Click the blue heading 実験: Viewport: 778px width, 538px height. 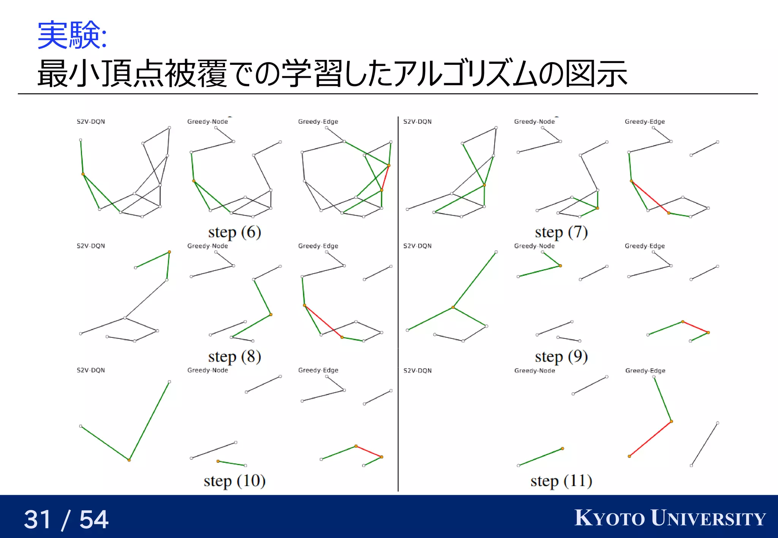pos(72,35)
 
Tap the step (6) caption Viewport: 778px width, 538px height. pos(234,232)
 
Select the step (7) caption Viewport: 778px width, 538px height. pos(561,232)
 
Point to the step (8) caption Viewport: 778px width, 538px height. pos(234,356)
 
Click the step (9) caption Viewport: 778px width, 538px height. pos(561,356)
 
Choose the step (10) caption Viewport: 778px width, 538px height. pos(234,481)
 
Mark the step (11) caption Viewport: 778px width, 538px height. pos(561,481)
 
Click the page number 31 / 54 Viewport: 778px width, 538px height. pos(66,519)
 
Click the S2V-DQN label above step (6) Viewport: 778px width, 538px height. pos(91,122)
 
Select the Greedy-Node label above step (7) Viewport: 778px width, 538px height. pos(534,122)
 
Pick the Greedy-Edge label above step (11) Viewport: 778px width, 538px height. pos(645,371)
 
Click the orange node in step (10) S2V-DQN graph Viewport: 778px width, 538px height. pos(129,460)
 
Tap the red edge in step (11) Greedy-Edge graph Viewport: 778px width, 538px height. pos(650,439)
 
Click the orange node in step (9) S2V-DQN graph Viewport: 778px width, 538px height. pos(453,307)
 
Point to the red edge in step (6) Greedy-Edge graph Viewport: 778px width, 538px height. pos(385,178)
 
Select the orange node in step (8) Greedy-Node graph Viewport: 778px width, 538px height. pos(270,315)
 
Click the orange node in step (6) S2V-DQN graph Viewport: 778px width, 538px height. pos(83,174)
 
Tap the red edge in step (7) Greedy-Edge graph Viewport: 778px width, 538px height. pos(650,197)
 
